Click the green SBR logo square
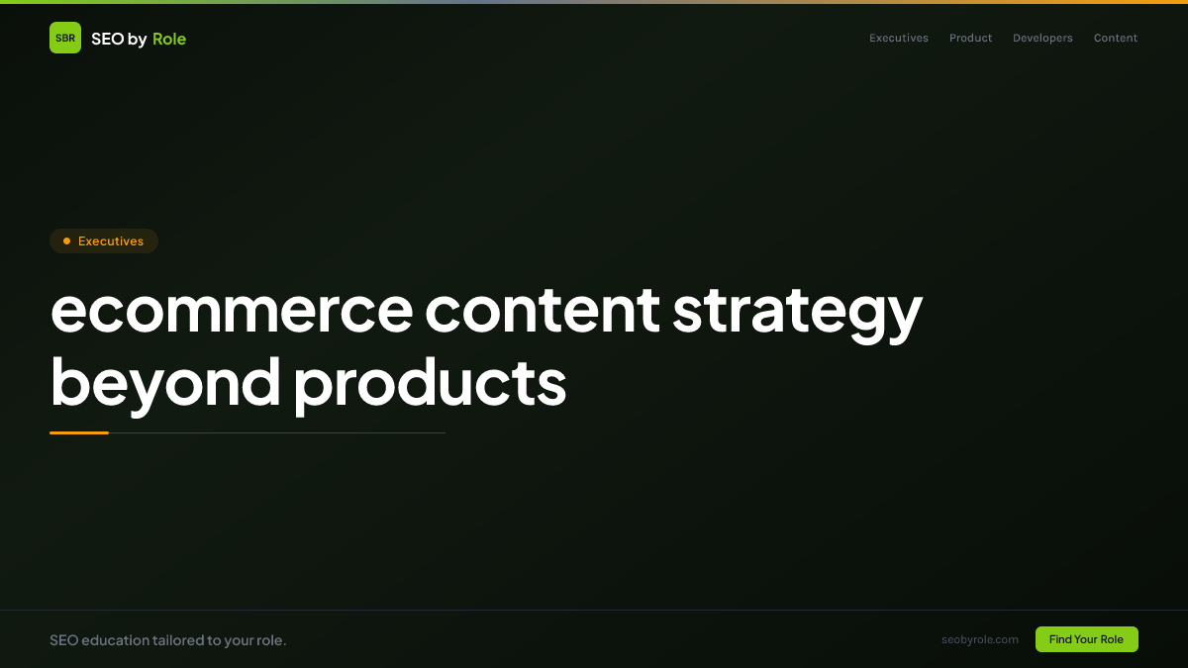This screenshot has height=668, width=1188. tap(65, 38)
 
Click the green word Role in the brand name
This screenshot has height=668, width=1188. tap(169, 39)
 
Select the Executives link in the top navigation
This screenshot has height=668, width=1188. tap(899, 38)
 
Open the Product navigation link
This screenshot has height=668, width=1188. tap(970, 38)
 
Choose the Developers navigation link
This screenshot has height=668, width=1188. tap(1042, 39)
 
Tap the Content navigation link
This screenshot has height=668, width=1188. tap(1116, 38)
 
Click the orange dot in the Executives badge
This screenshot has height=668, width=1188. tap(67, 241)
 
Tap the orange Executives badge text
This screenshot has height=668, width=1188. tap(111, 241)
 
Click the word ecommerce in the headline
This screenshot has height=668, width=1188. tap(232, 311)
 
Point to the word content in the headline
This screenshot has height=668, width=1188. tap(543, 310)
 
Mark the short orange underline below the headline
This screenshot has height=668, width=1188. tap(79, 433)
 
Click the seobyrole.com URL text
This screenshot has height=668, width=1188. tap(980, 640)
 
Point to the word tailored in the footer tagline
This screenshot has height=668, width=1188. tap(178, 640)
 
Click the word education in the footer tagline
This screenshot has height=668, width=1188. tap(116, 640)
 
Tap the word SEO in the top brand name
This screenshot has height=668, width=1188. tap(108, 39)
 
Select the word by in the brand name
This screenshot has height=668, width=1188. tap(138, 40)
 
